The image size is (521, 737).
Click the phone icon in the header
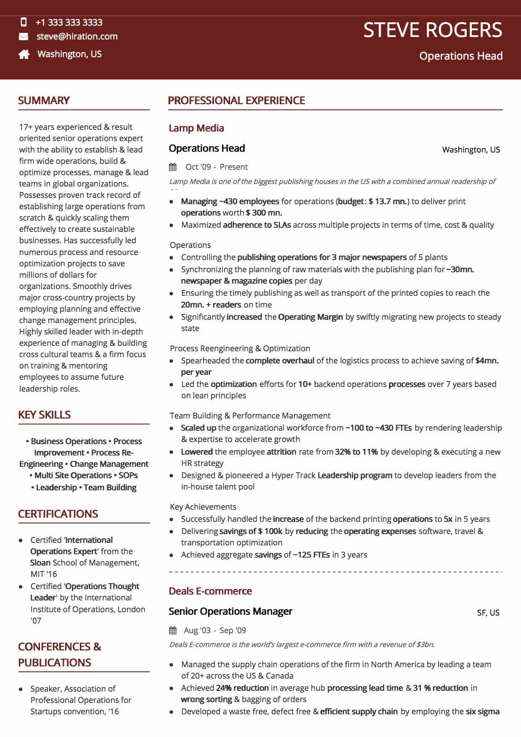pyautogui.click(x=24, y=22)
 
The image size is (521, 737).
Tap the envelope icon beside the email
pyautogui.click(x=24, y=37)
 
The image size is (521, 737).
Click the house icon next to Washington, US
pyautogui.click(x=24, y=54)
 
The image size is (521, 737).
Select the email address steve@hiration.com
pyautogui.click(x=77, y=37)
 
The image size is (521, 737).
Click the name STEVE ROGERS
pyautogui.click(x=432, y=30)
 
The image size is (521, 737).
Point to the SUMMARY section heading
pyautogui.click(x=44, y=101)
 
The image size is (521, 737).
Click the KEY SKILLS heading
pyautogui.click(x=44, y=415)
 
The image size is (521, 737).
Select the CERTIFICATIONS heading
pyautogui.click(x=58, y=514)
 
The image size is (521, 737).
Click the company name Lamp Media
pyautogui.click(x=196, y=128)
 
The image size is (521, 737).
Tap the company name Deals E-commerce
pyautogui.click(x=210, y=591)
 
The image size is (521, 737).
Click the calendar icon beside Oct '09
pyautogui.click(x=173, y=167)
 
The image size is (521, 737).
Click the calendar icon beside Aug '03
pyautogui.click(x=173, y=630)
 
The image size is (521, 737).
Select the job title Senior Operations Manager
pyautogui.click(x=230, y=611)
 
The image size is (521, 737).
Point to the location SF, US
pyautogui.click(x=488, y=613)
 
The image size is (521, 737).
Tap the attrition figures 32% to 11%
pyautogui.click(x=356, y=452)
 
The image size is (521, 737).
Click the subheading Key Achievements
pyautogui.click(x=203, y=507)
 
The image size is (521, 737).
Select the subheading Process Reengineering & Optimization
pyautogui.click(x=240, y=348)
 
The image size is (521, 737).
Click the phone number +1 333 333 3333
pyautogui.click(x=69, y=22)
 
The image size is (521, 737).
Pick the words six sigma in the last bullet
pyautogui.click(x=483, y=711)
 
